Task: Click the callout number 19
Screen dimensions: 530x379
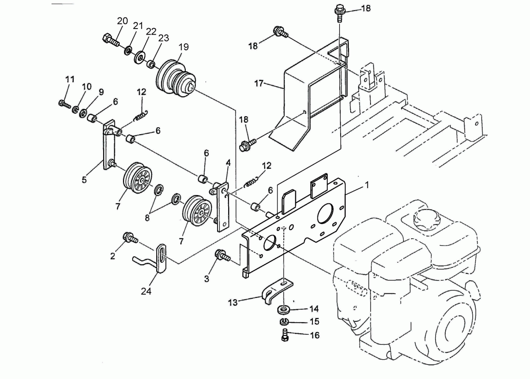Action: click(183, 47)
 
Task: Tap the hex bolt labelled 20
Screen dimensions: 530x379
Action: click(111, 40)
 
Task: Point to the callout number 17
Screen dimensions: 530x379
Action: click(259, 83)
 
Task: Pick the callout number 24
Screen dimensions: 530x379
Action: click(146, 291)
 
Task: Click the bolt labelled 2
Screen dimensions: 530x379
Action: click(130, 237)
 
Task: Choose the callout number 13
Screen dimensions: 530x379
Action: click(233, 302)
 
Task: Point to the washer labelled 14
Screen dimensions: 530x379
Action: click(283, 309)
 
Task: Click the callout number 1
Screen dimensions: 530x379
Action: click(367, 185)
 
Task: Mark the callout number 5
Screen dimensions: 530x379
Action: click(84, 179)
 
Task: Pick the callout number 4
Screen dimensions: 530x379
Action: click(228, 163)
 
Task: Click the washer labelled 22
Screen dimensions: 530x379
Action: click(140, 58)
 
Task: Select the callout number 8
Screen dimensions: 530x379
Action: click(147, 218)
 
